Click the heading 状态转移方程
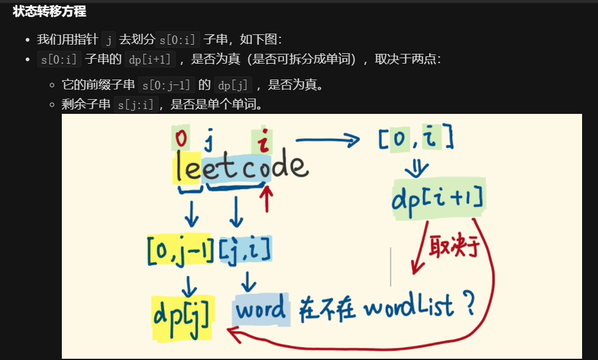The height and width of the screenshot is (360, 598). tap(49, 12)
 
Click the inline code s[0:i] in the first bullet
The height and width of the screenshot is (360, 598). tap(179, 40)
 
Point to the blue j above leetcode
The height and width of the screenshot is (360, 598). tap(209, 141)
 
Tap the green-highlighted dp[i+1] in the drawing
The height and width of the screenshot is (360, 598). tap(437, 200)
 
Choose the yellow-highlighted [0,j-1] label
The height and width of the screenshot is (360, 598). tap(181, 249)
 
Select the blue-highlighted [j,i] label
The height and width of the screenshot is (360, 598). tap(245, 249)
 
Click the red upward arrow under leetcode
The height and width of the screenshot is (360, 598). tap(266, 198)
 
